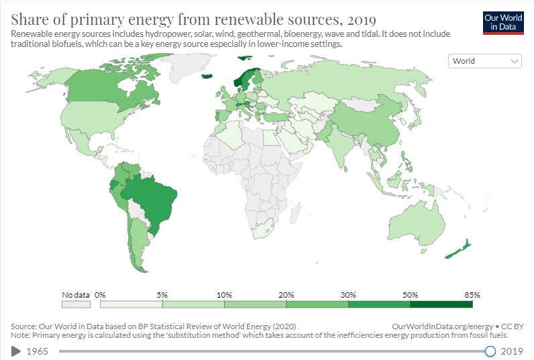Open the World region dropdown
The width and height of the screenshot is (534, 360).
(484, 61)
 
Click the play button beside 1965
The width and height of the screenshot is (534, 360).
(16, 351)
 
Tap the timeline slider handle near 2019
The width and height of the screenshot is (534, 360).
(490, 351)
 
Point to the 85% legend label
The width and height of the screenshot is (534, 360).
(472, 295)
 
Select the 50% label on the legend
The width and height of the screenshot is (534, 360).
(411, 295)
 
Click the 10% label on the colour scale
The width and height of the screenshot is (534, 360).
(224, 295)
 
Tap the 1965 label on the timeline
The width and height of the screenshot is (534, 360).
(38, 351)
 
